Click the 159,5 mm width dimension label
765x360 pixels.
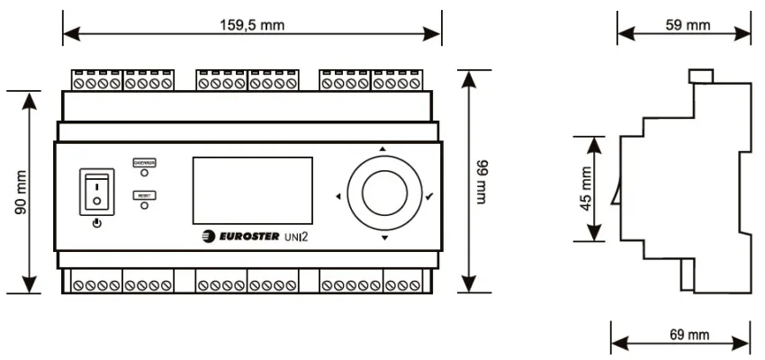tap(252, 25)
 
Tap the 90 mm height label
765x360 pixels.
tap(21, 192)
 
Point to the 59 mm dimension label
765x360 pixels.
tap(688, 25)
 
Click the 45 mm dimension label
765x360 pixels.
tap(587, 188)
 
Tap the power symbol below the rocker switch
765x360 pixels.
tap(96, 220)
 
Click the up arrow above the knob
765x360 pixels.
tap(382, 148)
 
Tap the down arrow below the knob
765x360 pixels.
tap(384, 238)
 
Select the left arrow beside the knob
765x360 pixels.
tap(337, 195)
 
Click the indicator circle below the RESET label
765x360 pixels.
tap(144, 205)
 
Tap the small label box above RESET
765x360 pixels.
tap(144, 162)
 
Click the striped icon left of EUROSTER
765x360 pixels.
tap(209, 238)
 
